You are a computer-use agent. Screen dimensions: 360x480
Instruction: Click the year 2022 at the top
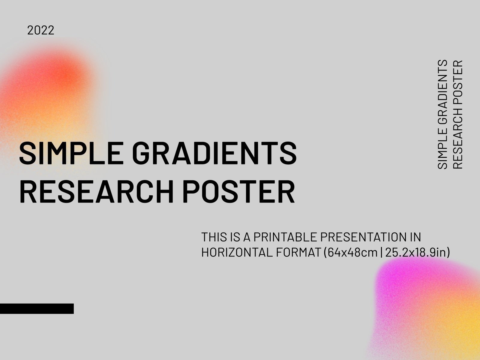coord(40,30)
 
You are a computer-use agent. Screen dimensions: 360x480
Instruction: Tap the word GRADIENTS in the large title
coord(214,154)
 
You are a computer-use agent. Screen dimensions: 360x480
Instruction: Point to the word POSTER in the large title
coord(238,192)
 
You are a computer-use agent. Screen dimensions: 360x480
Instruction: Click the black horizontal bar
coord(37,308)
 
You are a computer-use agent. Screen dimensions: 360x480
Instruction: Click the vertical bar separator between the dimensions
coord(381,253)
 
